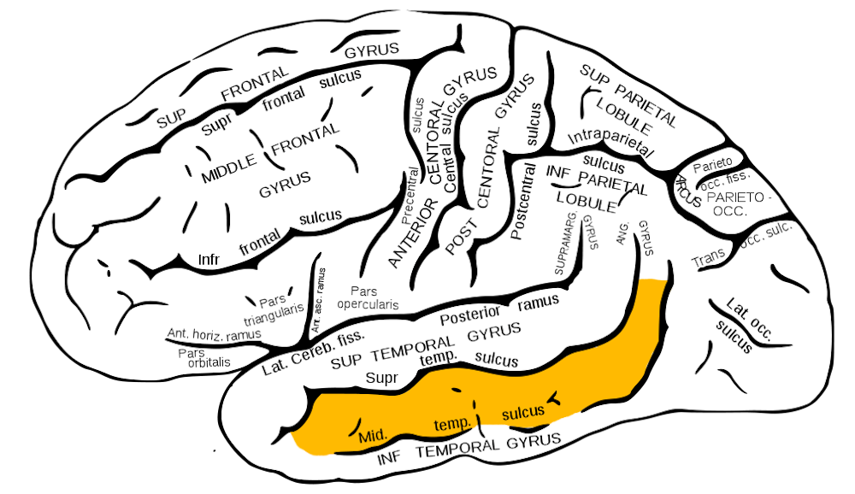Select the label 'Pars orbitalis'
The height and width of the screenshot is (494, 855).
pyautogui.click(x=204, y=357)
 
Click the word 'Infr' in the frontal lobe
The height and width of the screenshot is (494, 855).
pyautogui.click(x=210, y=258)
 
